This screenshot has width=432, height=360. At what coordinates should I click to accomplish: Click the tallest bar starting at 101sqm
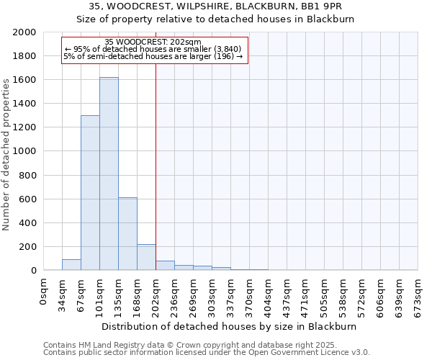[109, 174]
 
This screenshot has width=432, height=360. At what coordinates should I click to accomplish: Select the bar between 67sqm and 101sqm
[90, 193]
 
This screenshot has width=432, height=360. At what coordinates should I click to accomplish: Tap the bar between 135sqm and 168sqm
[127, 234]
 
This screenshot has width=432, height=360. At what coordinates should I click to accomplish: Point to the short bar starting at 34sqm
[71, 265]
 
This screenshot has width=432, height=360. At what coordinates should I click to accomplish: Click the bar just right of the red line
[165, 266]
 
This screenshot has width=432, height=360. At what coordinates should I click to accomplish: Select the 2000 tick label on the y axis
[24, 32]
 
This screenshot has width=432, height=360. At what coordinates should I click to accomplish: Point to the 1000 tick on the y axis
[24, 151]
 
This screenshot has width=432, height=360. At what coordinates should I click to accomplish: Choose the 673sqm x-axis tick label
[418, 294]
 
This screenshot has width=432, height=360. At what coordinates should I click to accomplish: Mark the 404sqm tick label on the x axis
[269, 294]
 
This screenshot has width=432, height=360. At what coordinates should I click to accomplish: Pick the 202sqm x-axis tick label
[156, 294]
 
